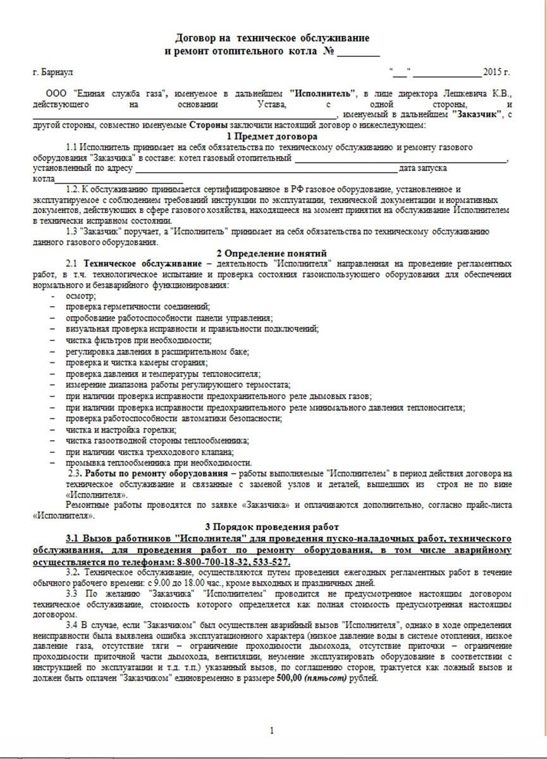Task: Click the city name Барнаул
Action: point(58,71)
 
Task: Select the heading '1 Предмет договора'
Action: point(272,136)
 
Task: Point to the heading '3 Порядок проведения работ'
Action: point(272,526)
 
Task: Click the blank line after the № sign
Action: point(359,51)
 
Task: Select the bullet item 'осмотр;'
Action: point(78,296)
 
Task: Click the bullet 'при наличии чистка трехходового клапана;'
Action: point(149,452)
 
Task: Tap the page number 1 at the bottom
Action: point(272,731)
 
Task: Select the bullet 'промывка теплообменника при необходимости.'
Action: point(158,463)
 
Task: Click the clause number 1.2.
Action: point(74,189)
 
